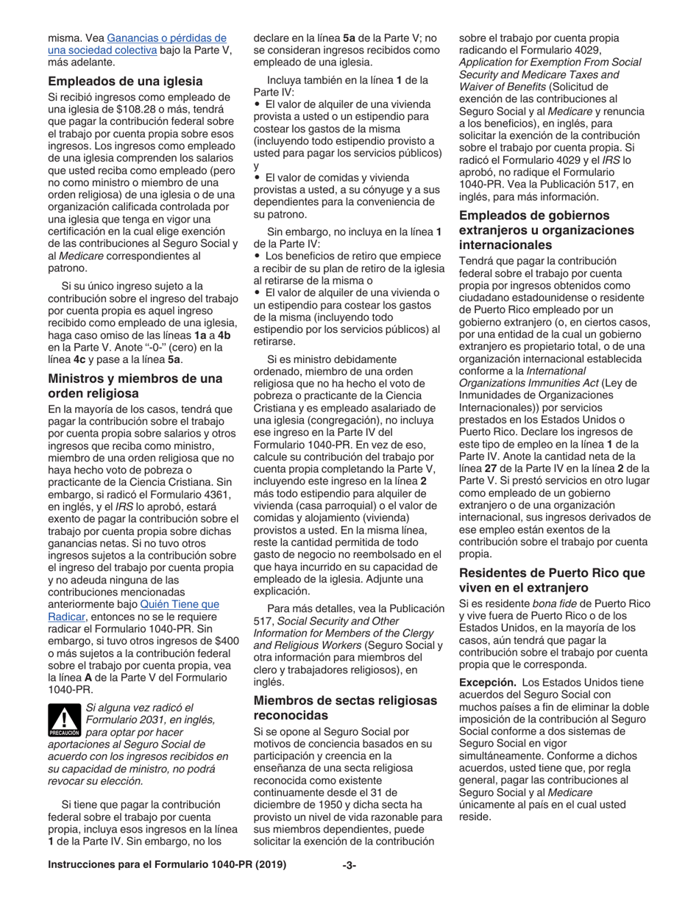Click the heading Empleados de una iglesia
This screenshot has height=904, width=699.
(125, 81)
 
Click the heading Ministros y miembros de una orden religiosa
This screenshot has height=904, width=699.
(135, 386)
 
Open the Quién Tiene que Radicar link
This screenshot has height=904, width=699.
(179, 604)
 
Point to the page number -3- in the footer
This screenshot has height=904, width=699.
(349, 865)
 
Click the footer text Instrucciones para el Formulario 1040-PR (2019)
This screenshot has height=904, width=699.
(166, 865)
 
